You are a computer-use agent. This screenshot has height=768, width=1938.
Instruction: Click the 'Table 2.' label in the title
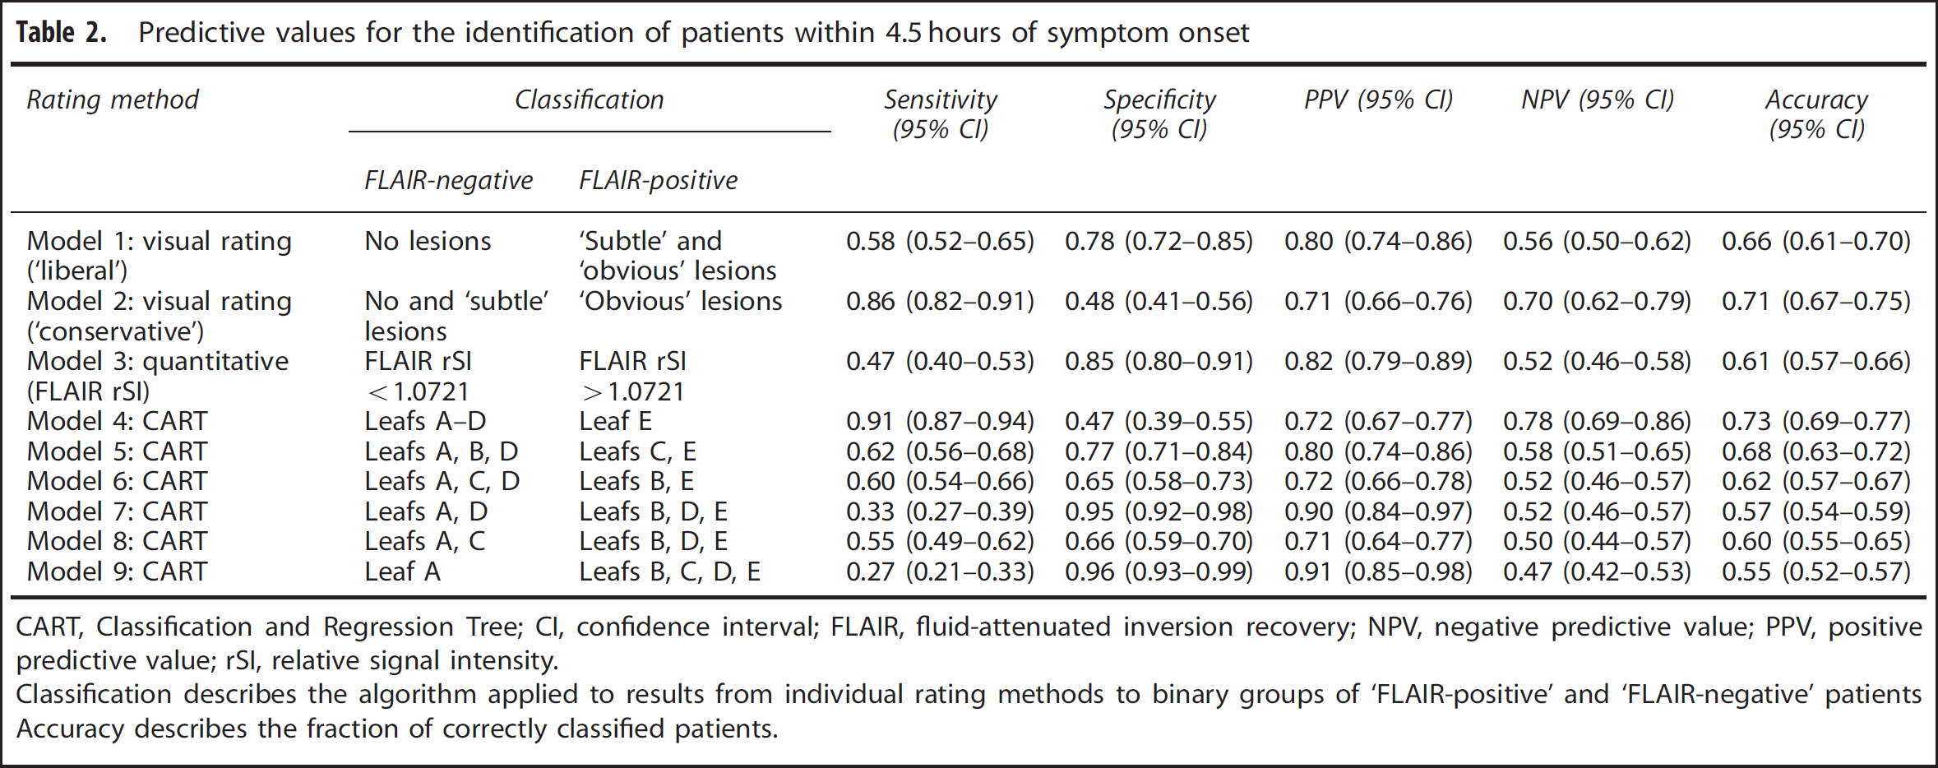[62, 32]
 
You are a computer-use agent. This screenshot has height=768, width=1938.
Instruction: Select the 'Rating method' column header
[113, 99]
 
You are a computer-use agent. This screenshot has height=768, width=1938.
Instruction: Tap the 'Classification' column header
[590, 99]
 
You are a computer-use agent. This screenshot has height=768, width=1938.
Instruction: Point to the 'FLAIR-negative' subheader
[449, 180]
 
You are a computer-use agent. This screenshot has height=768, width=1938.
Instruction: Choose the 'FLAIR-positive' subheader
[659, 180]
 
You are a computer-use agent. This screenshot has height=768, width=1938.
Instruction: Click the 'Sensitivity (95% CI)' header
[941, 114]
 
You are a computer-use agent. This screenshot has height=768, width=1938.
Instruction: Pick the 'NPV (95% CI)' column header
[1598, 99]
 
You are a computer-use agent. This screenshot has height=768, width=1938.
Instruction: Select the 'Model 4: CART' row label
[117, 421]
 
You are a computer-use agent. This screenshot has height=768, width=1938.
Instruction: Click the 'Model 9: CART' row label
[117, 571]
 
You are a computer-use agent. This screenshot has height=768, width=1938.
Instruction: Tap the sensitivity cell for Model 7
[941, 511]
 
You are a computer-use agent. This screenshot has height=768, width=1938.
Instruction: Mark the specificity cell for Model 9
[1159, 571]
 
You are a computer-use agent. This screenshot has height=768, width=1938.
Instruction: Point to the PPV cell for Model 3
[1379, 361]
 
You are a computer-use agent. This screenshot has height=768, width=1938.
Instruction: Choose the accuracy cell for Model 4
[1816, 421]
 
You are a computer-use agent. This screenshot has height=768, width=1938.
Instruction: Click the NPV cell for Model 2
[1598, 301]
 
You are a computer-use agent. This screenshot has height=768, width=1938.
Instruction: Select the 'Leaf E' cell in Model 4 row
[616, 421]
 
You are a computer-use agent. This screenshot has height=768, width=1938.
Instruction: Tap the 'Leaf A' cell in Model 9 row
[403, 571]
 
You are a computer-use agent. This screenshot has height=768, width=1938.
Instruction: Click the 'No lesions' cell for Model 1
[428, 241]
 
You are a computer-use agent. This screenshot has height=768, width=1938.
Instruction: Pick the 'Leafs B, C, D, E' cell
[669, 571]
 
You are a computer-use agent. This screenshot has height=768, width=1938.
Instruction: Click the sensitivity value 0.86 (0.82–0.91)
[941, 301]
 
